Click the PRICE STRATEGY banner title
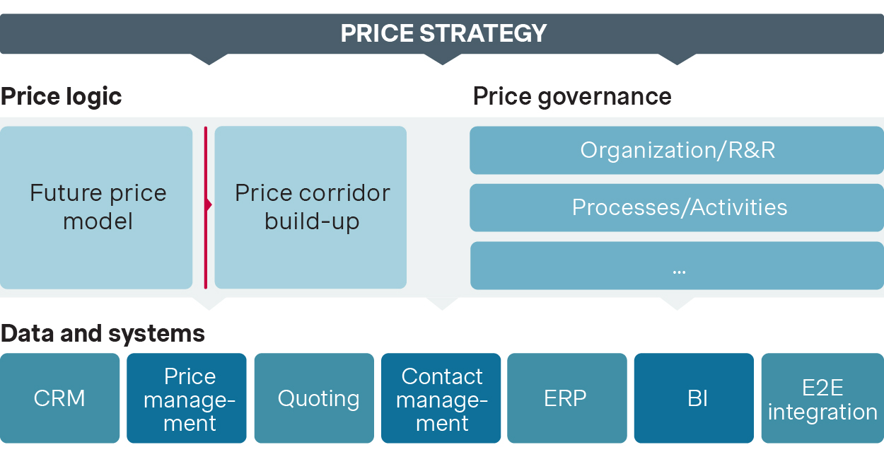tap(443, 33)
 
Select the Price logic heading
tap(61, 96)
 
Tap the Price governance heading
tap(572, 96)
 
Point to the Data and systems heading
tap(103, 333)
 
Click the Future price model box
tap(96, 207)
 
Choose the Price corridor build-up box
tap(310, 207)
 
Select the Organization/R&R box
tap(677, 150)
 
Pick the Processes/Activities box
tap(677, 207)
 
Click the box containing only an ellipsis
tap(677, 266)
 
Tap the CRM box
tap(59, 398)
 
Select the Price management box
tap(187, 398)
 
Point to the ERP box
tap(566, 398)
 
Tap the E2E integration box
tap(822, 398)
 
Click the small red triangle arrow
tap(209, 205)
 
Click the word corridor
tap(346, 193)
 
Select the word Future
tap(61, 193)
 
